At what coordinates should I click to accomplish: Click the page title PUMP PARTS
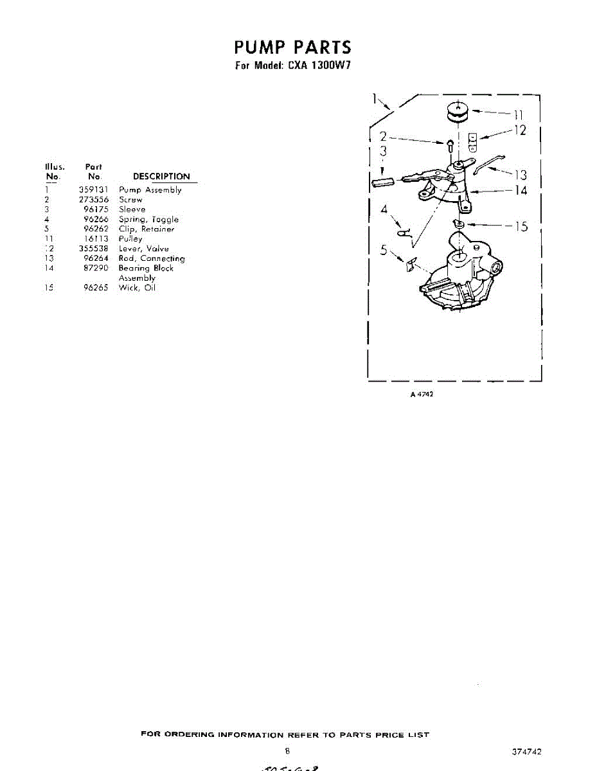coord(292,48)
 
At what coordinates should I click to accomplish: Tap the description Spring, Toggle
coord(148,219)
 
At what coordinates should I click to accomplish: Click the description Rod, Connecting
coord(152,258)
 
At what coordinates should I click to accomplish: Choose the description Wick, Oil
coord(137,288)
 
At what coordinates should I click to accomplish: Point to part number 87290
coord(96,268)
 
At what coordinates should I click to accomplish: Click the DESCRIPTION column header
coord(161,177)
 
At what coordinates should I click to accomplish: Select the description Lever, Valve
coord(144,249)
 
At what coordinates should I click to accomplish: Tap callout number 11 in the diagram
coord(517,115)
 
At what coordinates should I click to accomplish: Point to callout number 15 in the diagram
coord(520,226)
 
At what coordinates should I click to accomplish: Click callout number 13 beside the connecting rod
coord(520,175)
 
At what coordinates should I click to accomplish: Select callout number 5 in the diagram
coord(383,251)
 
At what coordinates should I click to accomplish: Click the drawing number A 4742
coord(422,394)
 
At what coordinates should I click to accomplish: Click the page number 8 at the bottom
coord(288,750)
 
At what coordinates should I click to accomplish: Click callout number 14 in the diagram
coord(519,191)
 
